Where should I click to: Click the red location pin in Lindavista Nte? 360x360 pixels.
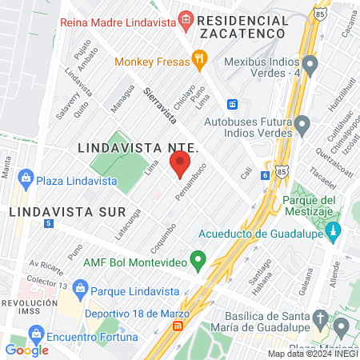(180, 166)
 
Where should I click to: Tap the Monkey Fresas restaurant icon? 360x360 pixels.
(199, 58)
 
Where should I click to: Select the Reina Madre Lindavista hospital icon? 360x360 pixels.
(186, 19)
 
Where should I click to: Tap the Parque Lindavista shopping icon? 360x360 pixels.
(79, 287)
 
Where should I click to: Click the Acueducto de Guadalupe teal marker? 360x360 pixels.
(335, 232)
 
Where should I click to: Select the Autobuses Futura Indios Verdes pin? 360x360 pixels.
(302, 125)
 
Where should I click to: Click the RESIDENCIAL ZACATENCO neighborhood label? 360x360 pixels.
(243, 26)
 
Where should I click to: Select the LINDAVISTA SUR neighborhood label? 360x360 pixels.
(67, 212)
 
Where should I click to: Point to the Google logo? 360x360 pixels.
(26, 350)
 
